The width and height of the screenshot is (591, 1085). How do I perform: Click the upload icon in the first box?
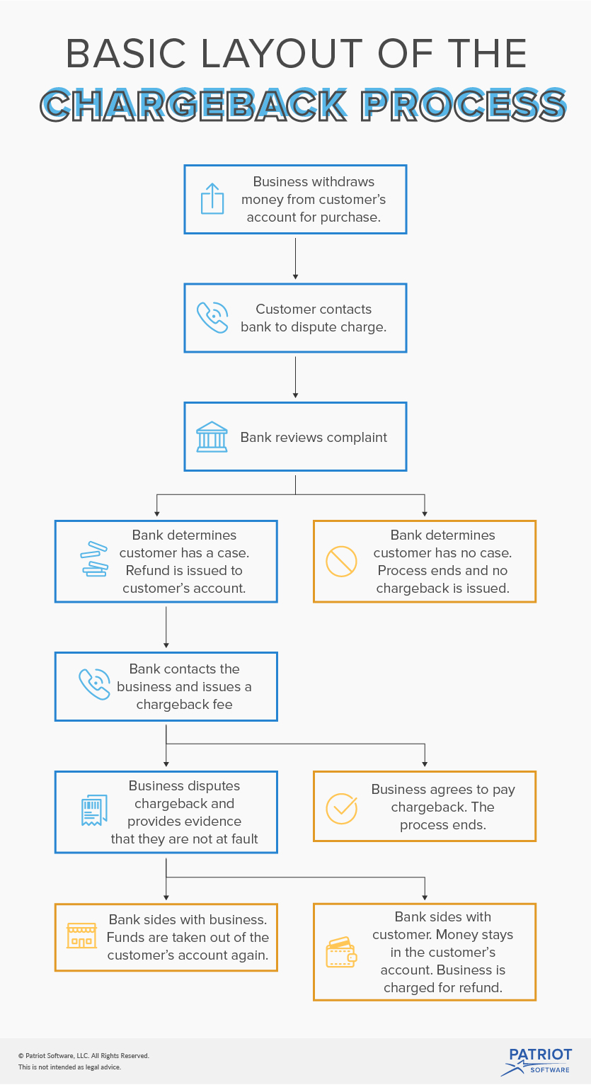212,198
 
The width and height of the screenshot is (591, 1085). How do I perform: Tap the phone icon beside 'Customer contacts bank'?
212,317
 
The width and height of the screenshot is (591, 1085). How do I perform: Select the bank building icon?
212,437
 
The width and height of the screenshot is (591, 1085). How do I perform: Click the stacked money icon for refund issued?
94,559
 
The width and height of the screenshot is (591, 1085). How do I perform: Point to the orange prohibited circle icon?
341,562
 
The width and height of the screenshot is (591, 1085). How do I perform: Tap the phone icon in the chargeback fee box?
94,685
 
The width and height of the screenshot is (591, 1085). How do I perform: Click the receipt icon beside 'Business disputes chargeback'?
94,810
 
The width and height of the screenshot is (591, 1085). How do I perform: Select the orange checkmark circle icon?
341,808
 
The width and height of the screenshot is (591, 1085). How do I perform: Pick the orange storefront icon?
81,936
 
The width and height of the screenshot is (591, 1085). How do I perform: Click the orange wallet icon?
341,953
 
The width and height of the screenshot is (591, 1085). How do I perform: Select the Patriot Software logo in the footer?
540,1060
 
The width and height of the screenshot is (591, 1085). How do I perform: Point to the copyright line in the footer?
84,1055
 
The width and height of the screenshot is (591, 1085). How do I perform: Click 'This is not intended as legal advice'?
69,1067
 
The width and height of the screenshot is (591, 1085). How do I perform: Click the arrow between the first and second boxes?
295,259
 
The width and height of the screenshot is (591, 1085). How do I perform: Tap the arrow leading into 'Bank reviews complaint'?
295,377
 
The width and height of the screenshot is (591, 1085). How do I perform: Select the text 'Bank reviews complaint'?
314,437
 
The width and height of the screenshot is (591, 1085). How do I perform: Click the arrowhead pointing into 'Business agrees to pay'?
425,763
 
